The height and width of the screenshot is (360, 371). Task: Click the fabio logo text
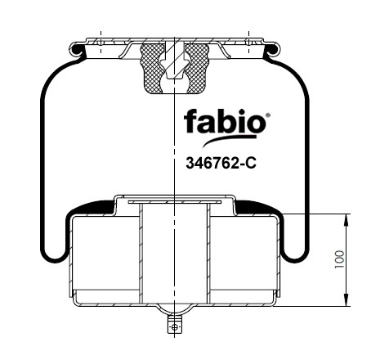tap(225, 121)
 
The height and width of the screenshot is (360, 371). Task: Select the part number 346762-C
tap(221, 164)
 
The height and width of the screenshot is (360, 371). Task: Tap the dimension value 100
tap(339, 259)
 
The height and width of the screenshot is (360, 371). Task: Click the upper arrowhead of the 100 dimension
tap(346, 219)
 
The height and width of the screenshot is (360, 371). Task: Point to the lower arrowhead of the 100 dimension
tap(346, 300)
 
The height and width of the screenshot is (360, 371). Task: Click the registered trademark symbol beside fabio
tap(268, 115)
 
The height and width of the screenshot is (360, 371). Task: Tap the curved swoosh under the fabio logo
tap(229, 140)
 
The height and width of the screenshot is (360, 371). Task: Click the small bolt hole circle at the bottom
tap(175, 327)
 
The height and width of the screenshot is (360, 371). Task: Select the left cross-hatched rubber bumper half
tap(151, 68)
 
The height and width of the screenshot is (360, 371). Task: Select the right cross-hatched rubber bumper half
tap(197, 68)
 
